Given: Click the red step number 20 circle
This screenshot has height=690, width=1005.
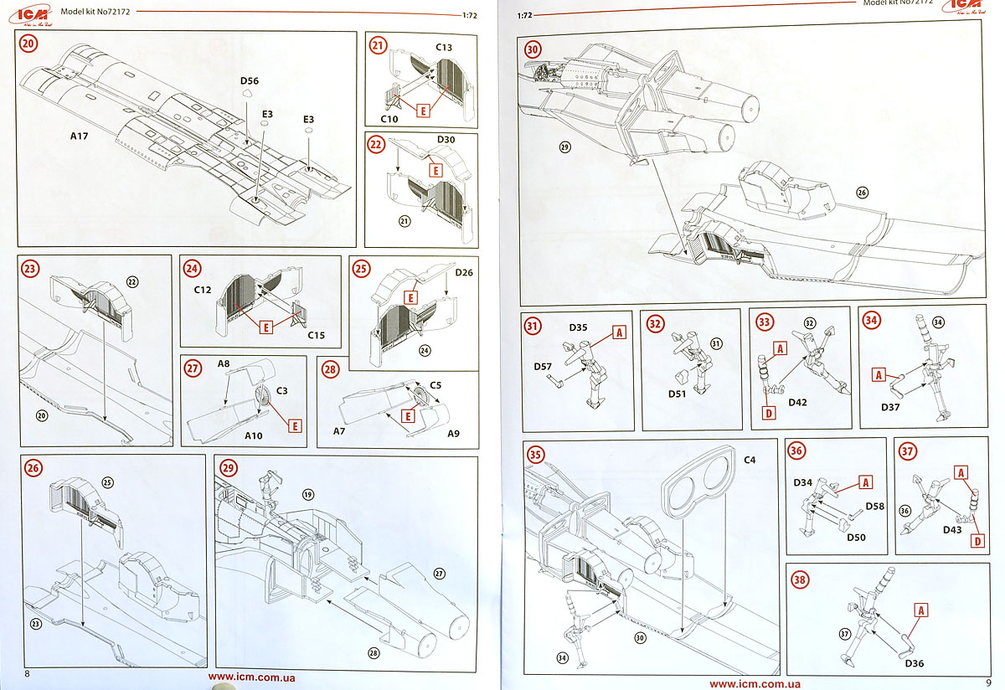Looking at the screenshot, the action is coord(28,44).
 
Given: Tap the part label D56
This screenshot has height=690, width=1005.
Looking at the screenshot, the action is coord(250,80).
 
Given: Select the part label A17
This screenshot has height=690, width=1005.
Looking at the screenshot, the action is coord(79,136).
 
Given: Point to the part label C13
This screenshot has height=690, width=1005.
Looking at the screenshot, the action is coord(444,48).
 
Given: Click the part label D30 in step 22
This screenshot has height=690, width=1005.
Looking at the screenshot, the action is coord(446,140).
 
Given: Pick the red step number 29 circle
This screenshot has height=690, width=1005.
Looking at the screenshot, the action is coord(229,468).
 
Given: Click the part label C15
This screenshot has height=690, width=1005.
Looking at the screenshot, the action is coord(316,335).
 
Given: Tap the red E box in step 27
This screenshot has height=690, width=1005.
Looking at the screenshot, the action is coord(295,426).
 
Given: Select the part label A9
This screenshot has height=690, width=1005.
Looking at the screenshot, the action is coord(453,434).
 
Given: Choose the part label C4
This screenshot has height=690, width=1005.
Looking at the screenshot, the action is coord(750,460).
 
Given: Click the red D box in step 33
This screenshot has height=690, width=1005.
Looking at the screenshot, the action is coord(769,413).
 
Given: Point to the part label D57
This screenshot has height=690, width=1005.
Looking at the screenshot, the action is coord(543,367).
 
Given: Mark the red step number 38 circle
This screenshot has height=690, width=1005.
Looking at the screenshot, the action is coord(801,580).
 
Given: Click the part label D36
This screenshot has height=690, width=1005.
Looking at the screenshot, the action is coord(914,663).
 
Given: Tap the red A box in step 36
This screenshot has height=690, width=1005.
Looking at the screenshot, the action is coord(866,482).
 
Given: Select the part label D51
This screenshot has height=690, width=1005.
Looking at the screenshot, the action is coord(677,394).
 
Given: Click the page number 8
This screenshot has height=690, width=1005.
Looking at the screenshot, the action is coord(27,673).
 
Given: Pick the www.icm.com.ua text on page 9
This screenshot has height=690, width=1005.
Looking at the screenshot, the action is coord(755,683).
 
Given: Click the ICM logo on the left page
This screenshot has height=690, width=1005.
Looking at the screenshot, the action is coord(30,16).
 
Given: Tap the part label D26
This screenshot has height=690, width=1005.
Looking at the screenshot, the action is coord(464,272).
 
